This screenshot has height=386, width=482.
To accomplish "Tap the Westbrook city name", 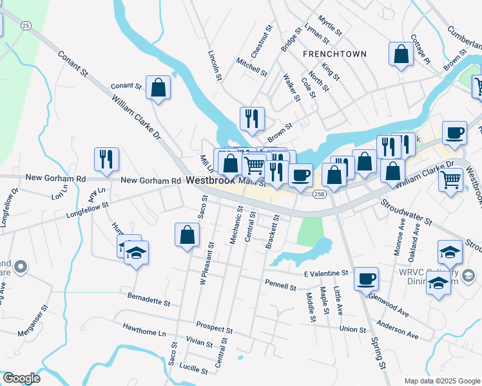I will click(x=211, y=181).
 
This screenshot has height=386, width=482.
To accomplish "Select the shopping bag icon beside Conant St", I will click(x=158, y=88).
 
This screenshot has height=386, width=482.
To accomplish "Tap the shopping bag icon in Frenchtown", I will click(x=401, y=55).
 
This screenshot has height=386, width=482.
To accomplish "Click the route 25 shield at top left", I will click(x=25, y=25).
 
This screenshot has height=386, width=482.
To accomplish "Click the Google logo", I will click(x=21, y=378).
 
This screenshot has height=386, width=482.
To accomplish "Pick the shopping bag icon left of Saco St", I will click(x=186, y=235).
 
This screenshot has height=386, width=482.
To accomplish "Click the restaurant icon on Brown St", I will click(x=251, y=119).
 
